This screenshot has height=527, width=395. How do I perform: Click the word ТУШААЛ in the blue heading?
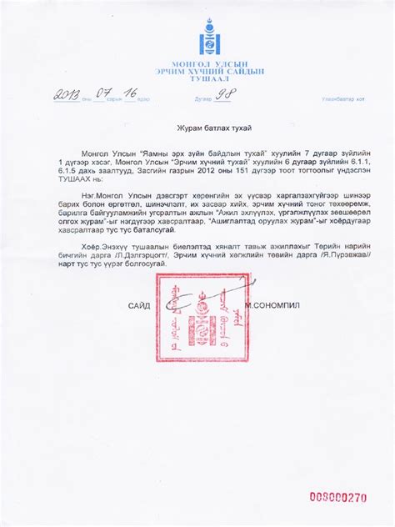tap(197, 80)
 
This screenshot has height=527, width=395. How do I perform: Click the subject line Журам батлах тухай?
tap(197, 128)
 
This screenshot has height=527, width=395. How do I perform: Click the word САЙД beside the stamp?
tap(139, 306)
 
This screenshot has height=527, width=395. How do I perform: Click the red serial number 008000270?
tap(337, 498)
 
